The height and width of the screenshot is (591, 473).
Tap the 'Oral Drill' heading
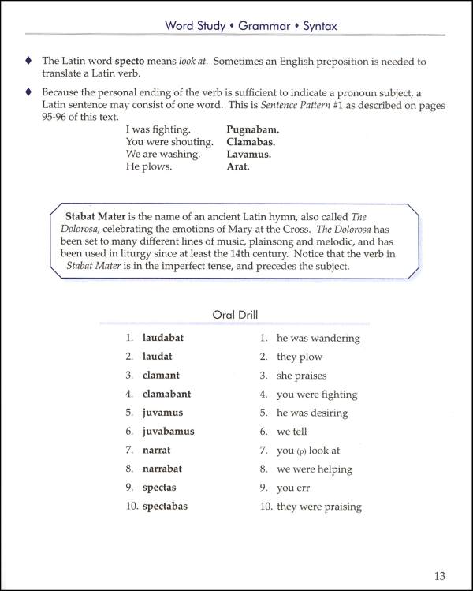tap(235, 314)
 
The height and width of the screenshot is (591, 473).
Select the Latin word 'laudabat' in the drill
tap(162, 338)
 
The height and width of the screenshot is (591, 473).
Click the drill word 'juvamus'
tap(162, 413)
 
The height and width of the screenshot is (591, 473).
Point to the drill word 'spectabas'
tap(165, 506)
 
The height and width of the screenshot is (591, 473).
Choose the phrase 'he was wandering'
tap(318, 339)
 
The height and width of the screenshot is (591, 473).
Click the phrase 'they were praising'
tap(318, 507)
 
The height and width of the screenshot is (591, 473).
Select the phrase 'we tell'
tap(292, 432)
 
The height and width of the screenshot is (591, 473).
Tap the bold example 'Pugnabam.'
tap(253, 129)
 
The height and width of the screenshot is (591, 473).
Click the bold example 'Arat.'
tap(238, 166)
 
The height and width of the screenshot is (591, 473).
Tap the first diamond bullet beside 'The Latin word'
tap(29, 62)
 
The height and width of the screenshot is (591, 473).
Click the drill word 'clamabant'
tap(166, 394)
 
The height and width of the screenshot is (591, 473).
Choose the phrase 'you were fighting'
tap(317, 395)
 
